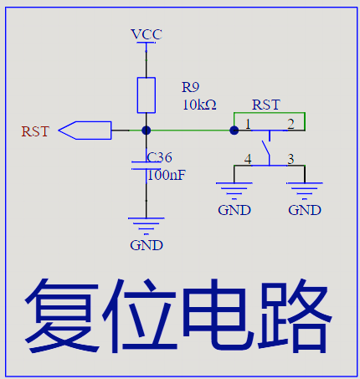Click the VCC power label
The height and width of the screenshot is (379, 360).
coord(147,34)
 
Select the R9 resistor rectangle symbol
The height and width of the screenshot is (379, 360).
coord(147,95)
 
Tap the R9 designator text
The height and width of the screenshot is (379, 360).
coord(191,87)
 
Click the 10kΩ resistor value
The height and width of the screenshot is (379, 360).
coord(199,105)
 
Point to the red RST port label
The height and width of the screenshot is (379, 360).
coord(35,131)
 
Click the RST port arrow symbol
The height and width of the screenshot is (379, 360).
coord(85,131)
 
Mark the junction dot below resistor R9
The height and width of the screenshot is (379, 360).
coord(147,131)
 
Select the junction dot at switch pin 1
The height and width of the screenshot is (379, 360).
coord(234,131)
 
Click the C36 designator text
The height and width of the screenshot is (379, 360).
coord(159,157)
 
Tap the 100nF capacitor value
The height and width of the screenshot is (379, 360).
coord(167,175)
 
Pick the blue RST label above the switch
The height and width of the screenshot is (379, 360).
coord(266,105)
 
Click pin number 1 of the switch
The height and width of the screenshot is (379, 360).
coord(248,124)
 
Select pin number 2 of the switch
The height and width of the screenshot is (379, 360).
coord(291,124)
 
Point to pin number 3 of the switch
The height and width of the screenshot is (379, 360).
coord(291,159)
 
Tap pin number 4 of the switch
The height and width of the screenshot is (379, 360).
coord(248,159)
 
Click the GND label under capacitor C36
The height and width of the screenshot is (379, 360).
coord(147,245)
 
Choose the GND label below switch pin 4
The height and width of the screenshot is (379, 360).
coord(234,210)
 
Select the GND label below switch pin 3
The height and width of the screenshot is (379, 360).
coord(305,210)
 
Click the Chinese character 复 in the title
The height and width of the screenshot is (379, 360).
coord(62,316)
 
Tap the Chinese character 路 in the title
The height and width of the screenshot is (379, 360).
coord(295,316)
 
